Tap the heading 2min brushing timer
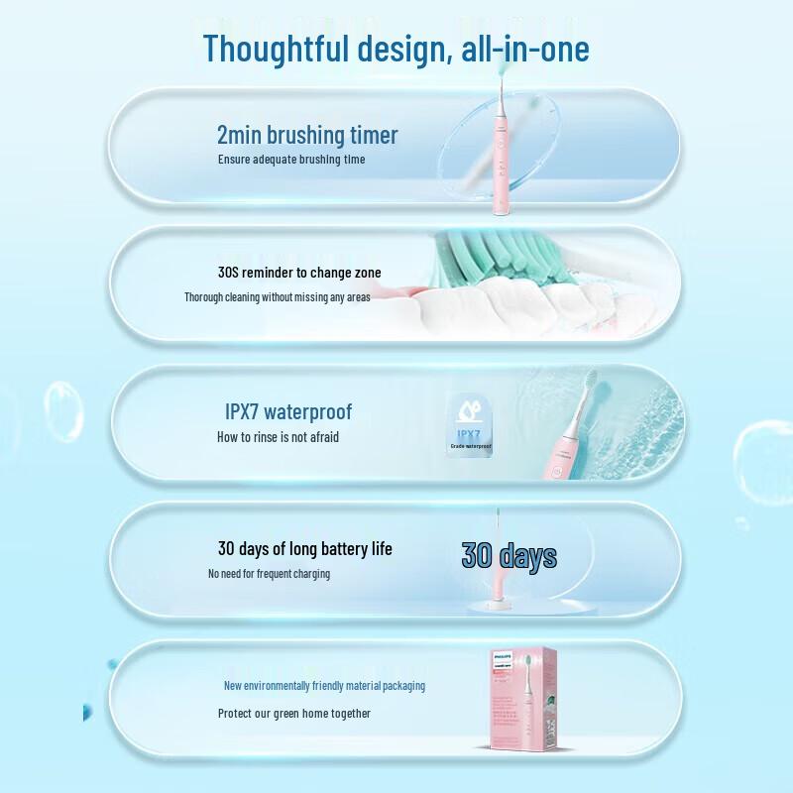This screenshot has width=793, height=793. [x=307, y=135]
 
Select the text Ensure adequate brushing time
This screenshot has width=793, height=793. [x=291, y=160]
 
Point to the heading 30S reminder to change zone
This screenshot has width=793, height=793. [x=299, y=273]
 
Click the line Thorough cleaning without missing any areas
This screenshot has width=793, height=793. [x=278, y=296]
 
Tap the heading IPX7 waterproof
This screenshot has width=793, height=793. [x=288, y=411]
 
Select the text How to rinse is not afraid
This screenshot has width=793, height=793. [x=278, y=437]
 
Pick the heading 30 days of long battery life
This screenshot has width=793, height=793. [x=305, y=548]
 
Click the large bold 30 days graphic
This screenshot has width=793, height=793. [x=509, y=556]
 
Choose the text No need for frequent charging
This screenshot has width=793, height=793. [x=269, y=574]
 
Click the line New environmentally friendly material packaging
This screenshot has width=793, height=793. [x=324, y=686]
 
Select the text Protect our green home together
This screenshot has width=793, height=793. [x=294, y=713]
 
